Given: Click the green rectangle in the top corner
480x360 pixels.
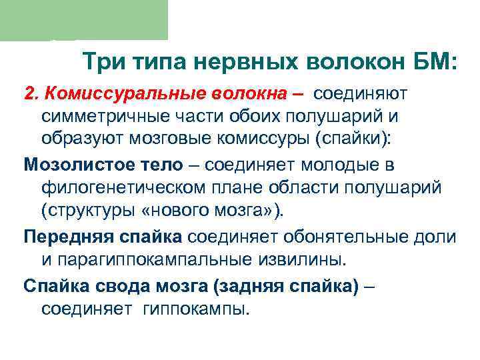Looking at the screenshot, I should [x=83, y=20].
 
